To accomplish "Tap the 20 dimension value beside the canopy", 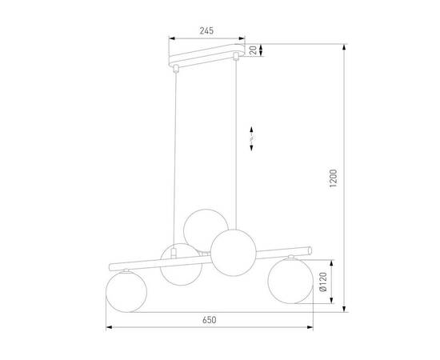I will click(254, 50).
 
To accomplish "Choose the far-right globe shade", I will click(290, 279).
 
